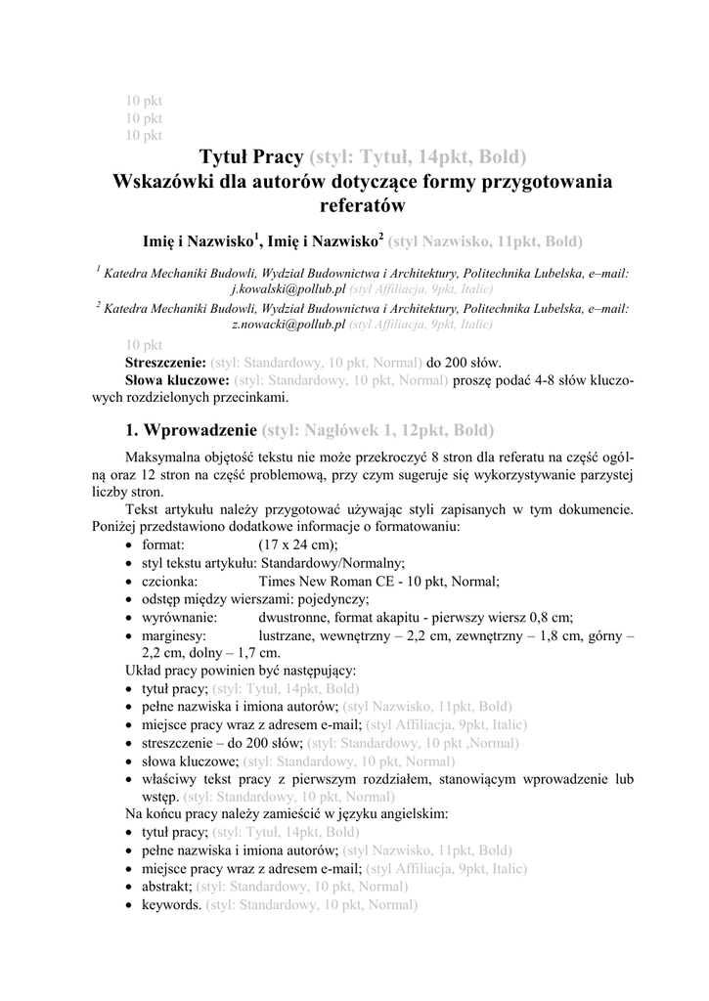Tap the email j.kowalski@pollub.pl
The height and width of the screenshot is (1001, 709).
(288, 290)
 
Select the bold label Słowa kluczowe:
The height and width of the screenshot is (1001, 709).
(177, 380)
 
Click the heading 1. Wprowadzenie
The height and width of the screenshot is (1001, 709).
(192, 430)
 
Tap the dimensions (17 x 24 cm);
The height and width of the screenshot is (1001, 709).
(298, 544)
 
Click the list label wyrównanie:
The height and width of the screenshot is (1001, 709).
(180, 617)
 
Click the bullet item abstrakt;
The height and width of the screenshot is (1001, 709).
(167, 887)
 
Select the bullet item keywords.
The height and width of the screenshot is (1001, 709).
(172, 905)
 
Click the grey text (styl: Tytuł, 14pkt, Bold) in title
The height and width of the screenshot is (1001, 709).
(418, 156)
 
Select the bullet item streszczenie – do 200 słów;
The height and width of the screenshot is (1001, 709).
(222, 744)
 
